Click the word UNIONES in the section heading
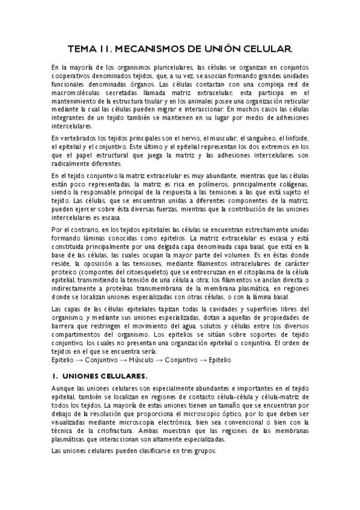pyautogui.click(x=85, y=376)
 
